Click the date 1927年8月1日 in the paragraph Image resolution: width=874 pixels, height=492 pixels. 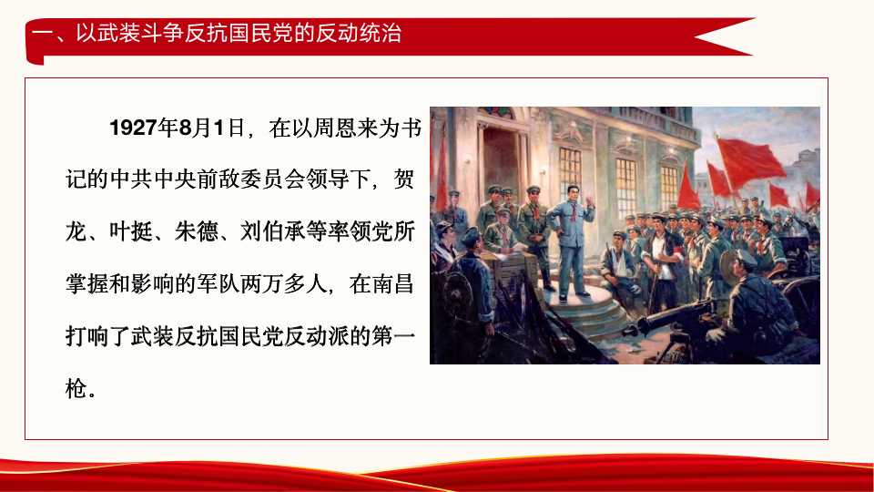(178, 127)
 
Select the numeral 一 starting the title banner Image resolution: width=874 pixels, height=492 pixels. (40, 35)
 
